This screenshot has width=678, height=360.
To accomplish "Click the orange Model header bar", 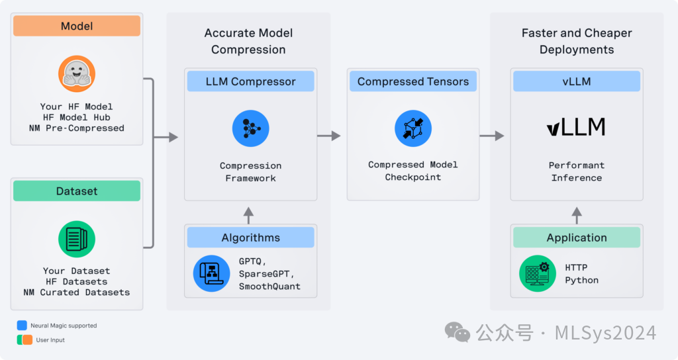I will click(77, 26).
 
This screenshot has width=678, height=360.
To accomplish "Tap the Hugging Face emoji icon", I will click(77, 73).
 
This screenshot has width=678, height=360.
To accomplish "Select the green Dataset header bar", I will click(77, 191).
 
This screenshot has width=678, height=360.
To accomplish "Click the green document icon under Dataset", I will click(77, 239).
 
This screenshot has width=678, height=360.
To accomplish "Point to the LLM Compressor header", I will click(250, 81).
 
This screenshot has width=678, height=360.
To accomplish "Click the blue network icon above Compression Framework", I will click(250, 128).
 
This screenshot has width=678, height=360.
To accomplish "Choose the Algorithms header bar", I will click(250, 238).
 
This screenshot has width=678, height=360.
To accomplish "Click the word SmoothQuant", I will click(269, 287).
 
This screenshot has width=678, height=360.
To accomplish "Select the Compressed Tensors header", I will click(413, 81).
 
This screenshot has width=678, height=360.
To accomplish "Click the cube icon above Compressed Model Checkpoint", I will click(413, 128).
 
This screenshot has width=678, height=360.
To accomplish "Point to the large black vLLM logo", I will click(576, 127).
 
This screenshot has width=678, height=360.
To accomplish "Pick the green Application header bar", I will click(576, 238).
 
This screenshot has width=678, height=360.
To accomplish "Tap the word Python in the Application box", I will click(581, 280).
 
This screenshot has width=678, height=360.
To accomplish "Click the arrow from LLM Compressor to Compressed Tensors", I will click(329, 136).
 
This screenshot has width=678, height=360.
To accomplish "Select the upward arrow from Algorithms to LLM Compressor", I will click(249, 213).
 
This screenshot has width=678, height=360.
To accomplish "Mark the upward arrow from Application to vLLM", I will click(576, 213).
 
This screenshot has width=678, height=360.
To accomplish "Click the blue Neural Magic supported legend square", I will click(23, 325).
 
